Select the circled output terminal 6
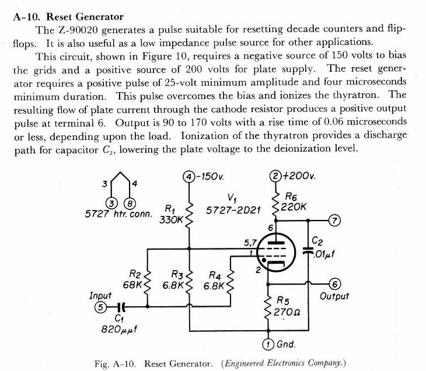point(334,284)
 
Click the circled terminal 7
point(334,220)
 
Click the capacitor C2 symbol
point(308,250)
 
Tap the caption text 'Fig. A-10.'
point(115,363)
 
